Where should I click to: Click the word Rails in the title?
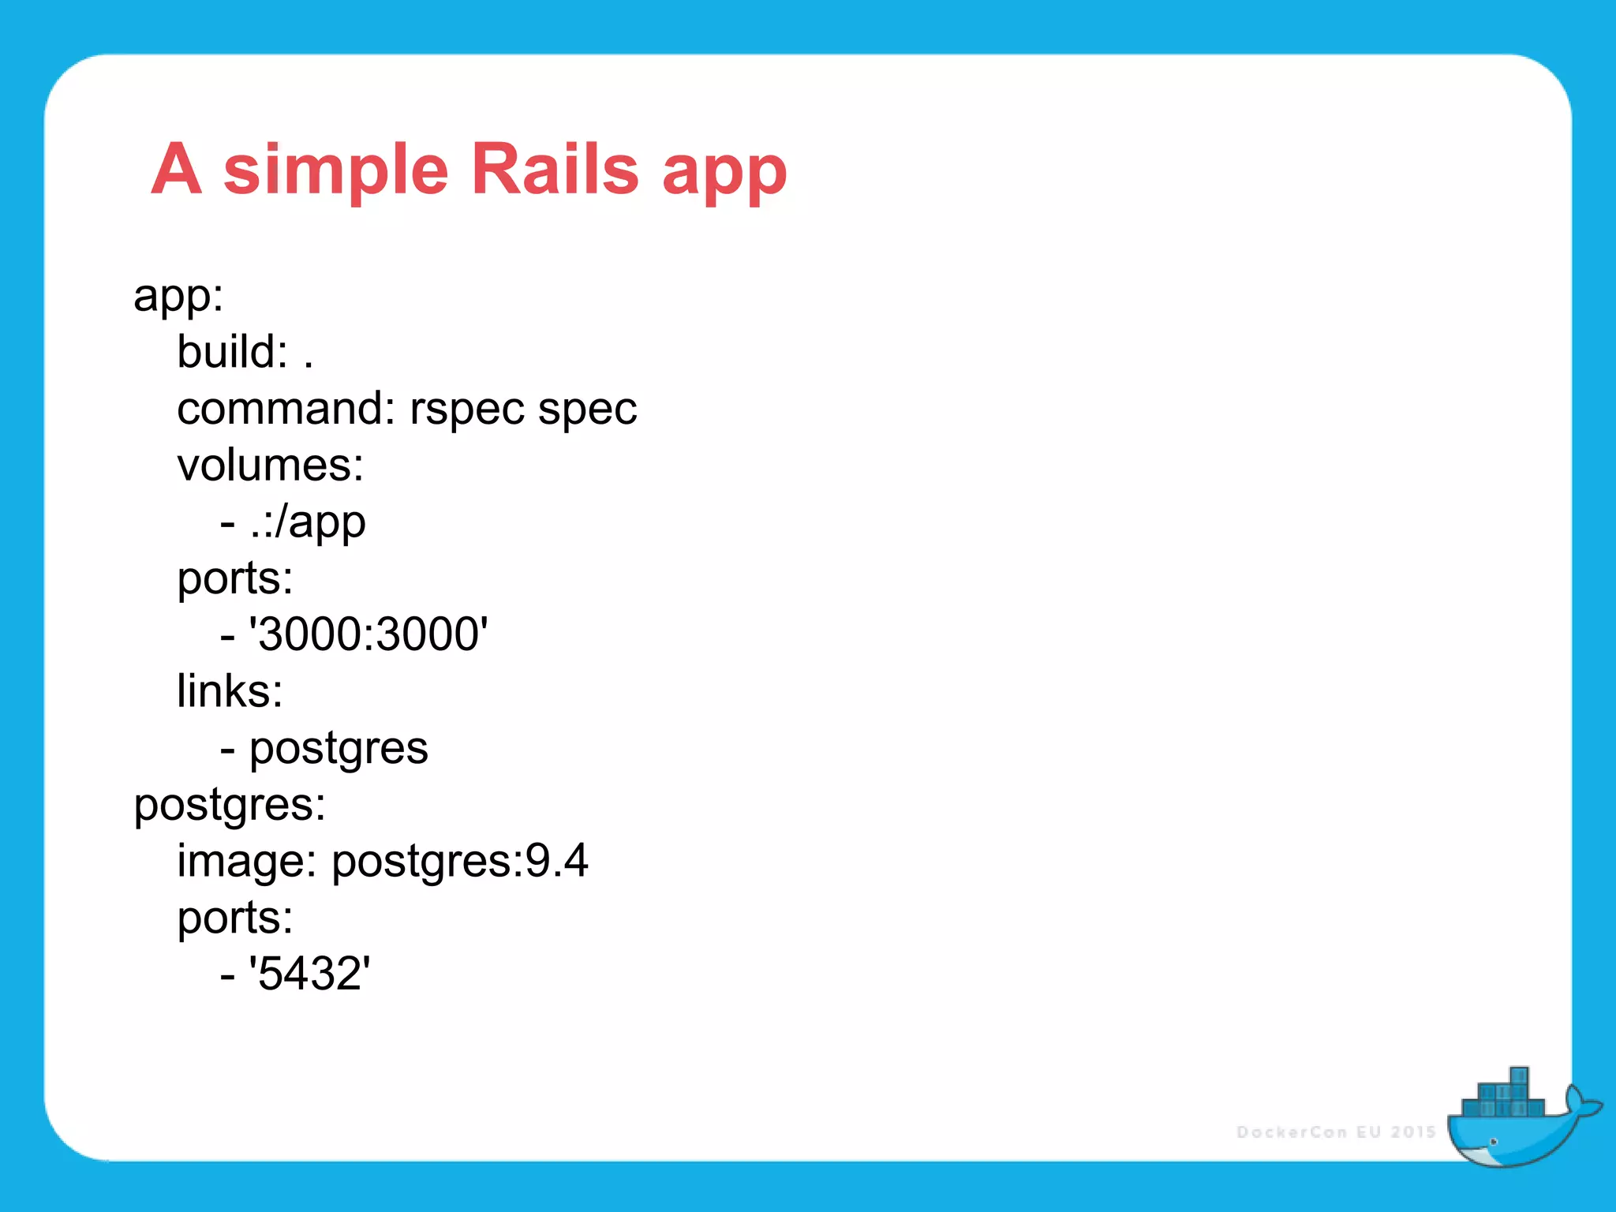click(x=554, y=169)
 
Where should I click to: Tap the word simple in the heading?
click(x=335, y=169)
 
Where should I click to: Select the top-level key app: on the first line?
click(x=178, y=296)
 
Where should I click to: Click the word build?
click(x=232, y=352)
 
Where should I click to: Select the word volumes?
click(x=270, y=466)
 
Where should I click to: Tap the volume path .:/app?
click(x=308, y=522)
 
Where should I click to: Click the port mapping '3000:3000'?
click(x=368, y=634)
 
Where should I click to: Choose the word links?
click(x=229, y=691)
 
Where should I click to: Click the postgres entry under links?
click(x=338, y=749)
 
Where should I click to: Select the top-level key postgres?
click(x=229, y=806)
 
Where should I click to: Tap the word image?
click(x=246, y=862)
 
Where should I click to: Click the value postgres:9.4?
click(x=459, y=862)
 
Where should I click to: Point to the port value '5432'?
click(x=309, y=974)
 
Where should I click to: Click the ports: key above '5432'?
click(x=234, y=918)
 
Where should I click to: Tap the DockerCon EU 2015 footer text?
click(x=1336, y=1132)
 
